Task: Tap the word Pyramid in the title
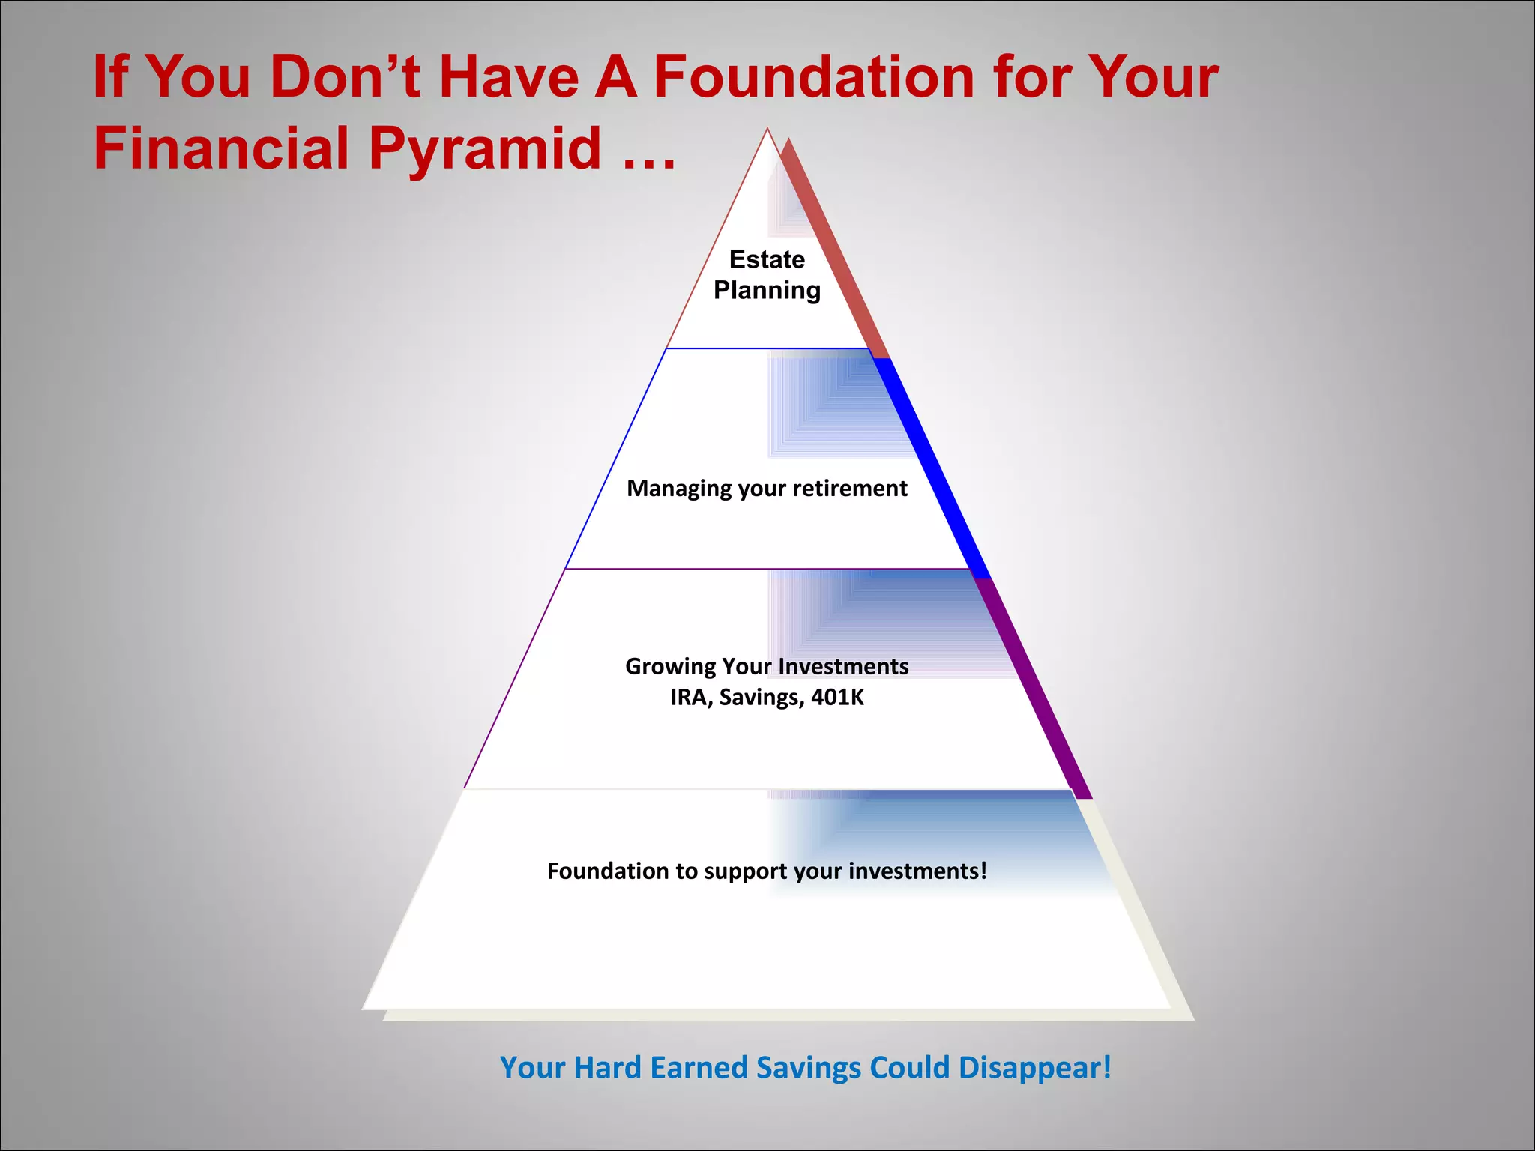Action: [x=486, y=148]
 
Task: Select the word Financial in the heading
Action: [x=222, y=147]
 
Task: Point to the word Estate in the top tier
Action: [x=767, y=259]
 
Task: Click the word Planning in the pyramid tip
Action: [x=767, y=291]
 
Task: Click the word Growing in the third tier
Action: [x=670, y=666]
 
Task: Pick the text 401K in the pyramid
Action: [x=837, y=698]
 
